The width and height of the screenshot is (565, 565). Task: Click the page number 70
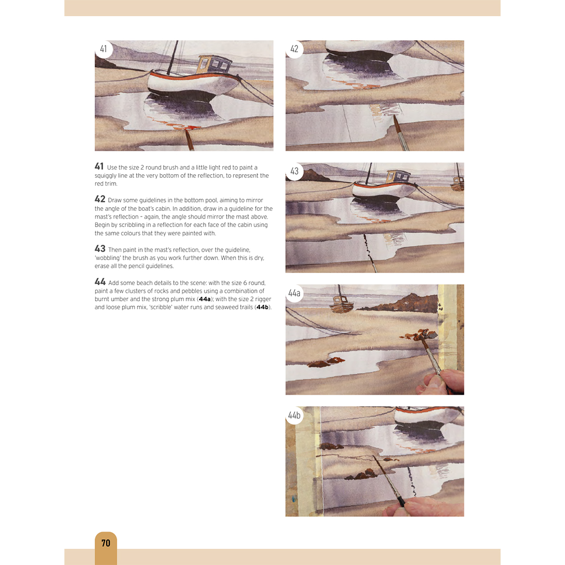[x=106, y=543]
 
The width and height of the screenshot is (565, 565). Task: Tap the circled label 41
[x=104, y=49]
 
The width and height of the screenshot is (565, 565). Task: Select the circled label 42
[x=295, y=49]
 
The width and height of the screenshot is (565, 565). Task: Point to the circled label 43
[x=295, y=171]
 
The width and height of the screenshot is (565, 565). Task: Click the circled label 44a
[x=295, y=293]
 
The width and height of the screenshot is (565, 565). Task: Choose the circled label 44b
[x=295, y=415]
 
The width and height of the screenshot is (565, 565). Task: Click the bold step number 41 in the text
[x=99, y=166]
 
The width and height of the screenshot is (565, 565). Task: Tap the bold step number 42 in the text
[x=100, y=199]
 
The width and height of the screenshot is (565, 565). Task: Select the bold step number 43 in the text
[x=100, y=249]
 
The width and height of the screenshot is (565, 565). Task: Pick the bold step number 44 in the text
[x=100, y=282]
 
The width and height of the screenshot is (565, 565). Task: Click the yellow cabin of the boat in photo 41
[x=215, y=64]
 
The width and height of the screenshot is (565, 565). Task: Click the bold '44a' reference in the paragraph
[x=205, y=299]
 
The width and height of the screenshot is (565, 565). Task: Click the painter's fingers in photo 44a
[x=440, y=382]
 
